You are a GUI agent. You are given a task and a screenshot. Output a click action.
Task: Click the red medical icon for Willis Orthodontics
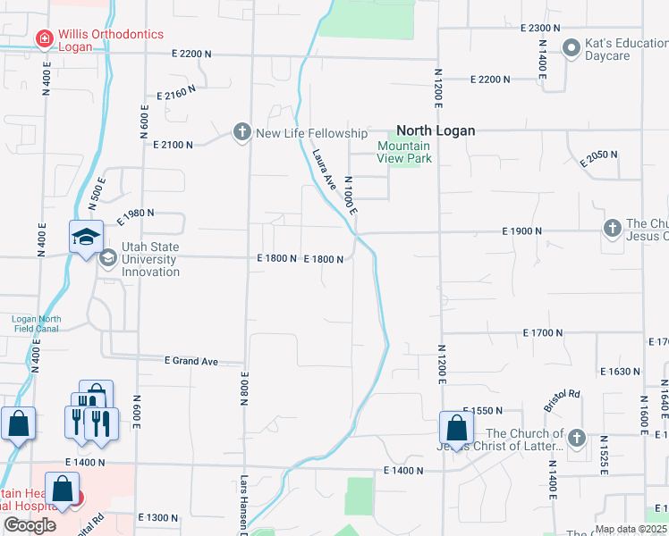(x=43, y=39)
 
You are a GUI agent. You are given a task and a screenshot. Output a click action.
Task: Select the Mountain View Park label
(x=404, y=152)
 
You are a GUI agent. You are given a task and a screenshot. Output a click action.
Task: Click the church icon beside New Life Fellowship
(x=241, y=133)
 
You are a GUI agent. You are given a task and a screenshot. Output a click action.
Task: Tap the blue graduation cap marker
(x=87, y=238)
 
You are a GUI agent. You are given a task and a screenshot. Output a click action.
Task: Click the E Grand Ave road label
(x=191, y=362)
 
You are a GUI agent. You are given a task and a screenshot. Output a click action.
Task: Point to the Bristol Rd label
(x=566, y=394)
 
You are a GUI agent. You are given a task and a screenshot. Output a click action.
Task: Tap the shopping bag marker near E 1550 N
(x=456, y=428)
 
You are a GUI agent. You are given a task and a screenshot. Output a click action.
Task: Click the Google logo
(x=30, y=525)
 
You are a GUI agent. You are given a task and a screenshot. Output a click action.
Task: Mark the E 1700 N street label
(x=543, y=332)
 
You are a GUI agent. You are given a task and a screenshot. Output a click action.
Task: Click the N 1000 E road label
(x=351, y=194)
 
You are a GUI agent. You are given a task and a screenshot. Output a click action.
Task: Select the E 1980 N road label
(x=135, y=214)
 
